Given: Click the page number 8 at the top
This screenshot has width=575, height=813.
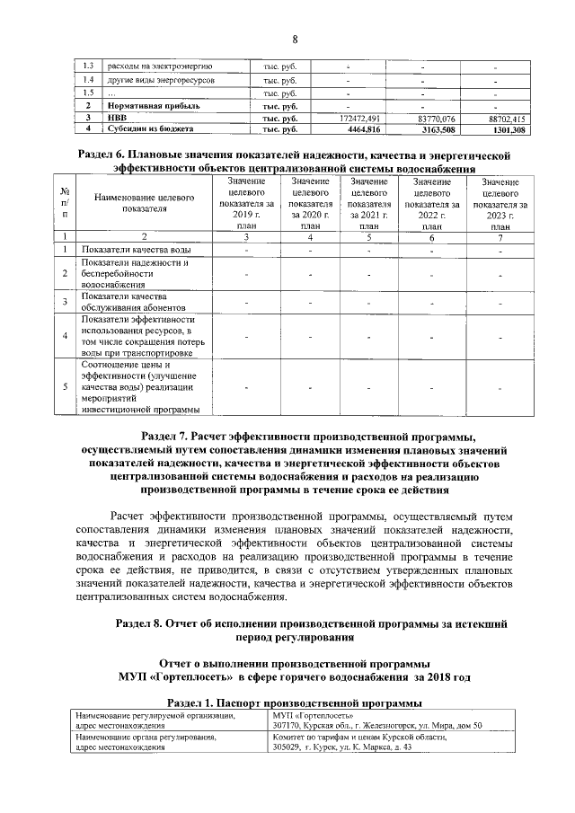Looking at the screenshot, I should [x=293, y=38].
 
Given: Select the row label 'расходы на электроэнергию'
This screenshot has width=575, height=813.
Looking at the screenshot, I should [x=159, y=66].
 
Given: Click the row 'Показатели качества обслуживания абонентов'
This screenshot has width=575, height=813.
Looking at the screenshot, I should [x=119, y=302].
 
